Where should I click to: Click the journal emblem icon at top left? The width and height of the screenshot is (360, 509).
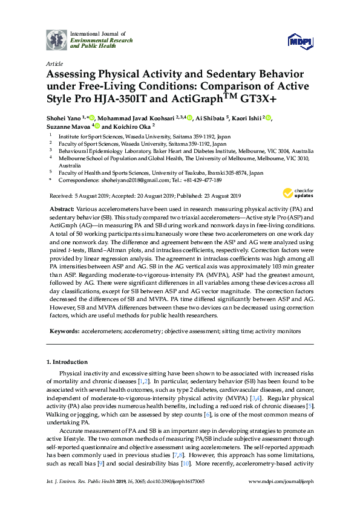[56, 40]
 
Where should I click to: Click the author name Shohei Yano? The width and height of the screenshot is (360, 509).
[64, 118]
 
